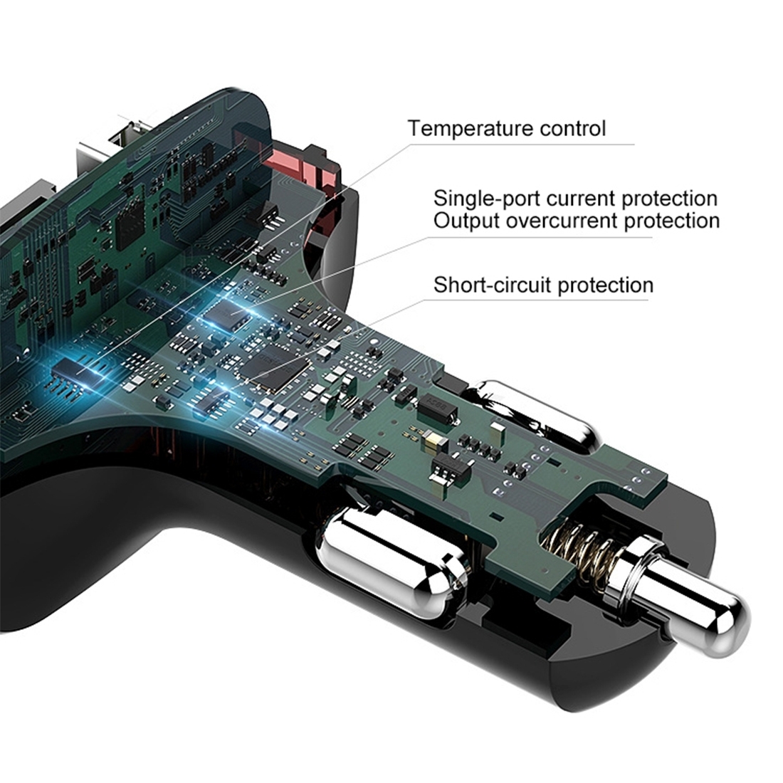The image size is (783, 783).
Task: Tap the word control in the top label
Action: pyautogui.click(x=566, y=128)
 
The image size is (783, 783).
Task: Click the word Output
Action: pyautogui.click(x=466, y=221)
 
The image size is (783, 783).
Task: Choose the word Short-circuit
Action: pyautogui.click(x=492, y=285)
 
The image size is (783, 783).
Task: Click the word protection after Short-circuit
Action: pyautogui.click(x=605, y=285)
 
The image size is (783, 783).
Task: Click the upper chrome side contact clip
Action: pyautogui.click(x=537, y=414)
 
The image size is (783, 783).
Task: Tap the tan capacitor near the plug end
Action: pyautogui.click(x=431, y=440)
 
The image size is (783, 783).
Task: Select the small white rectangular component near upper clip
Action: pyautogui.click(x=498, y=430)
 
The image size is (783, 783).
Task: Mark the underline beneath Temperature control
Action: pyautogui.click(x=521, y=144)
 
